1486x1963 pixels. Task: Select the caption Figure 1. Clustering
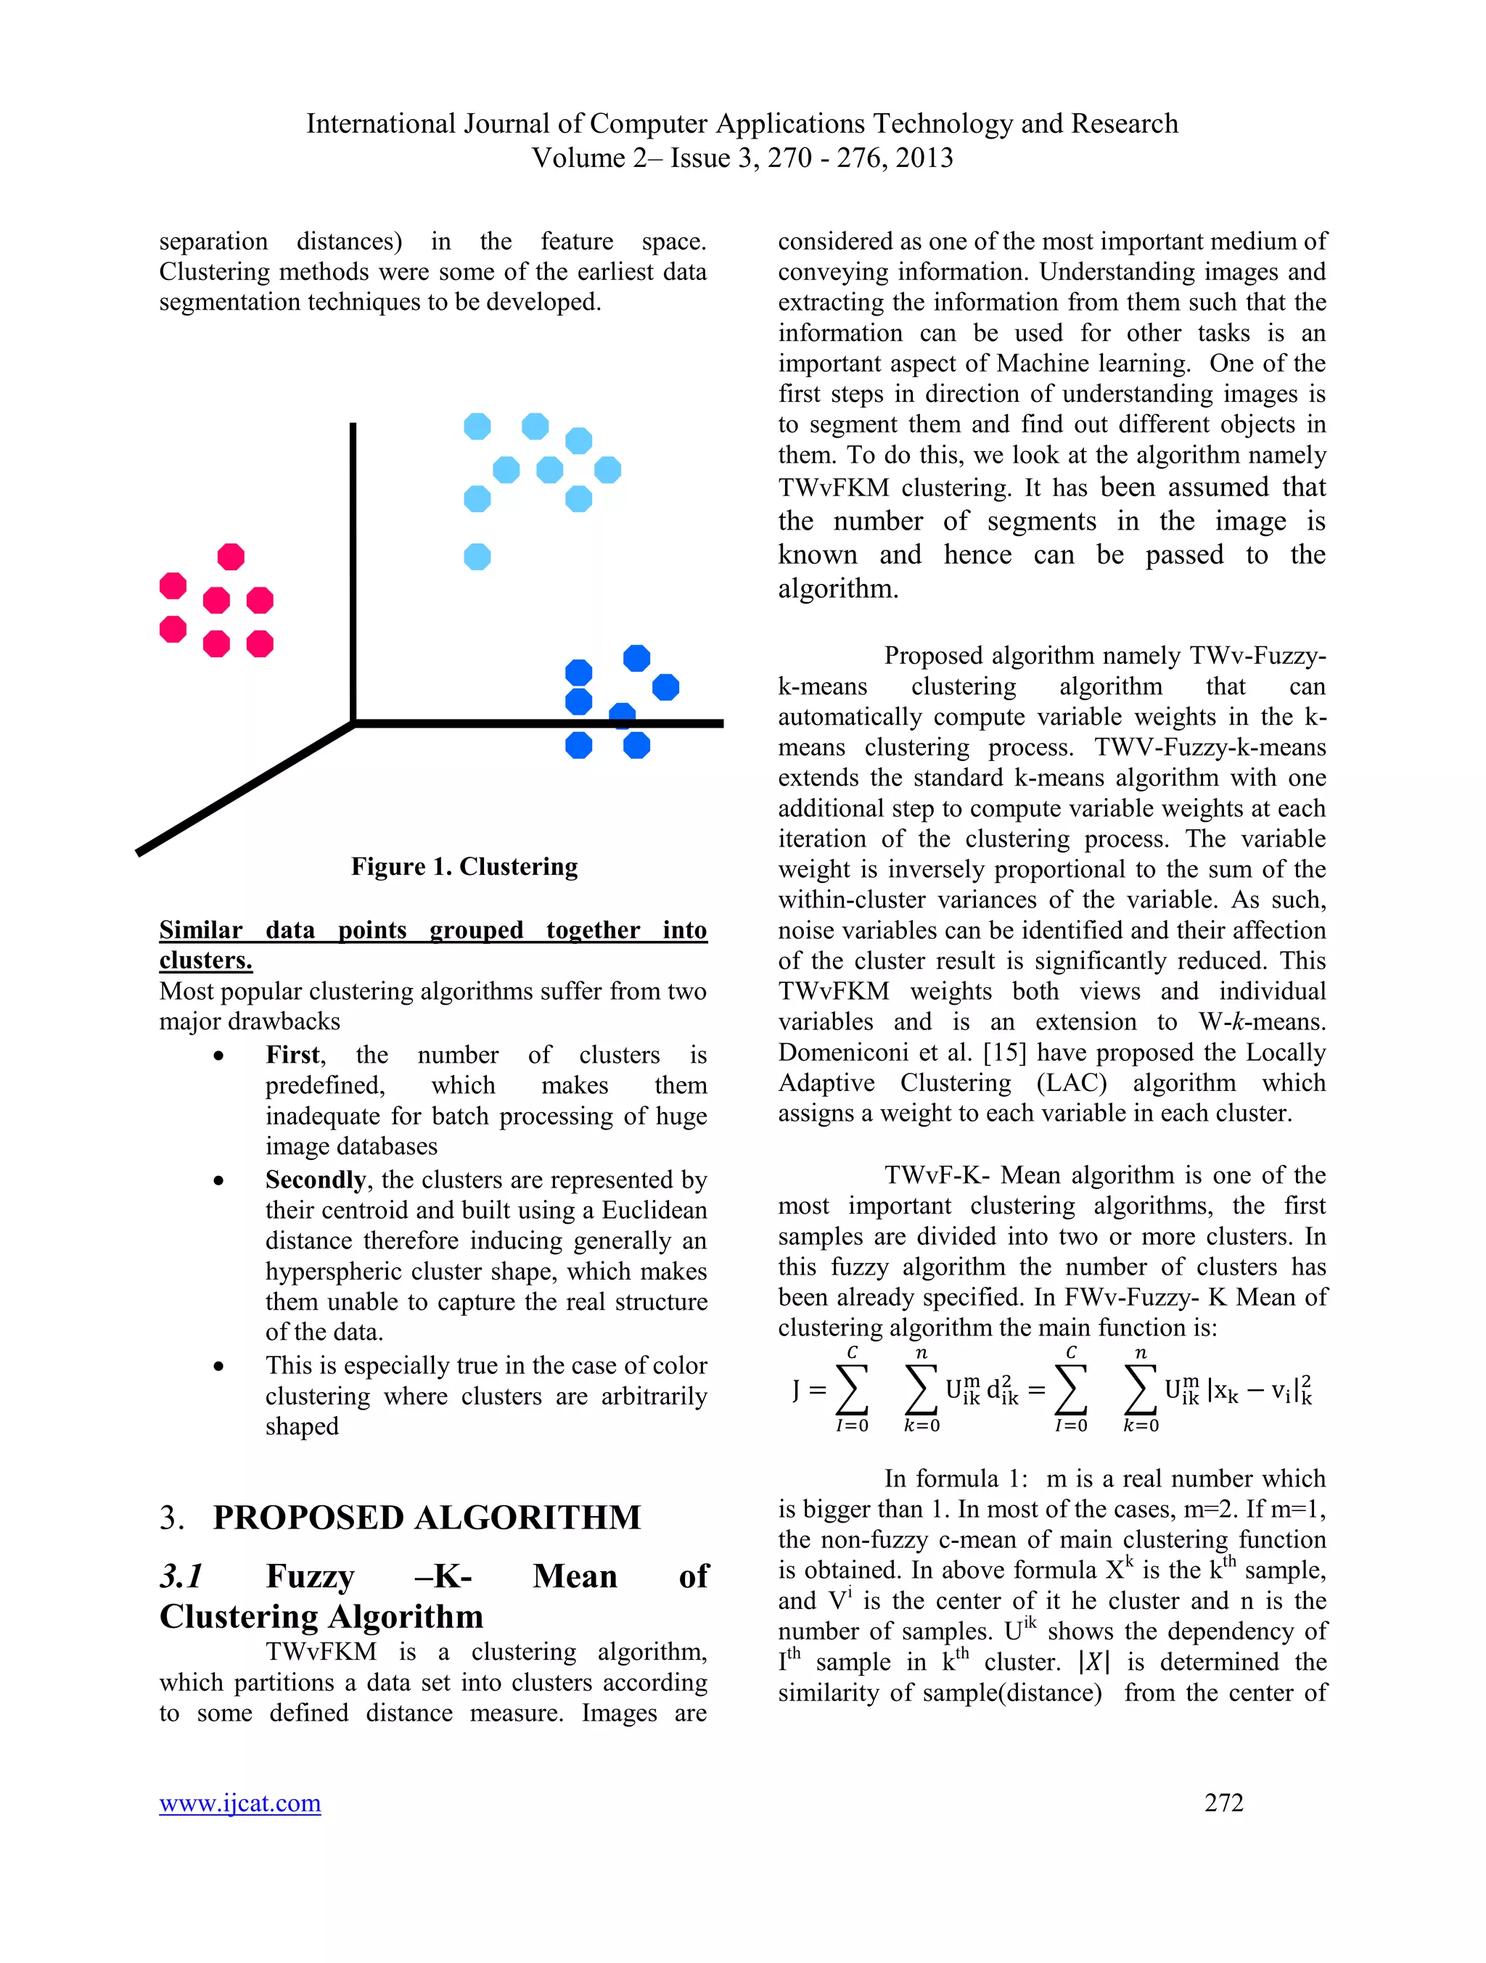464,866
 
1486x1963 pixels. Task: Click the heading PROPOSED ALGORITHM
426,1518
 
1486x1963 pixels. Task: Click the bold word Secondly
315,1180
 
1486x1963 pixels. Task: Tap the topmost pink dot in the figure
231,556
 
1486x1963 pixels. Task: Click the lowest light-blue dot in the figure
477,556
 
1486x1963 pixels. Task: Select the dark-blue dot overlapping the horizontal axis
623,715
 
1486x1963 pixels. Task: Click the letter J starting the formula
796,1389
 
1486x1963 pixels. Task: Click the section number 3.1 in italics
182,1576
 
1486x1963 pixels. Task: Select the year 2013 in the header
922,158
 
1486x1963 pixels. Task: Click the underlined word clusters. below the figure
206,960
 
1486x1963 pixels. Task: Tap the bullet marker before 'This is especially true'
218,1367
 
